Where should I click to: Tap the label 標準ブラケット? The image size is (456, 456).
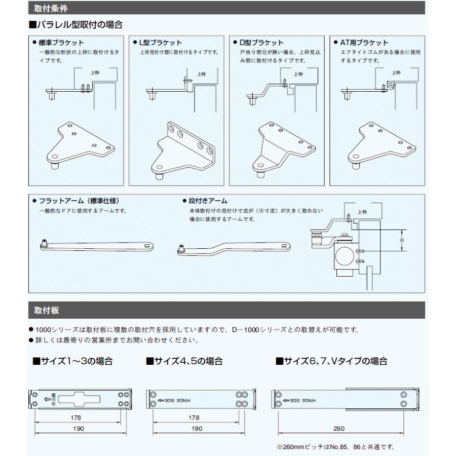click(x=61, y=43)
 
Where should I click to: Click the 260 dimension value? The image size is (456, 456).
click(x=339, y=428)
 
